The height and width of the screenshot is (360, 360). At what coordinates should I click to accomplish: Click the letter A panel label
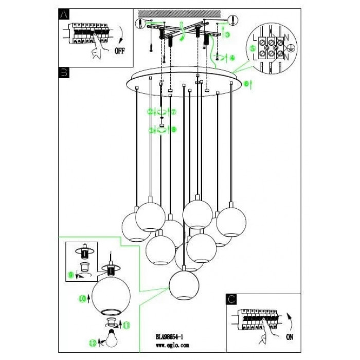tap(63, 15)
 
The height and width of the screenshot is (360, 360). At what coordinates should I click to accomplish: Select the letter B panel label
tap(64, 74)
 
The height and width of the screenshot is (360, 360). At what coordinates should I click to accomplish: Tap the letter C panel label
tap(231, 298)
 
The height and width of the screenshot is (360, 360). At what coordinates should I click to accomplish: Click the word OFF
tap(120, 51)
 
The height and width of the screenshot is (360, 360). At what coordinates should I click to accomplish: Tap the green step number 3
tap(227, 34)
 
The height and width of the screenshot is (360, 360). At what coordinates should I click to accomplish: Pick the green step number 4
tap(232, 57)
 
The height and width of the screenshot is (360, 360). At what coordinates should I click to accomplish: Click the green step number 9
tap(71, 275)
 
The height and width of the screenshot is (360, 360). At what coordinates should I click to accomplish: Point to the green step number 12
tap(93, 342)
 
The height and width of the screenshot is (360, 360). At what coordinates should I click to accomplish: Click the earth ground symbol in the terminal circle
tap(290, 47)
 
